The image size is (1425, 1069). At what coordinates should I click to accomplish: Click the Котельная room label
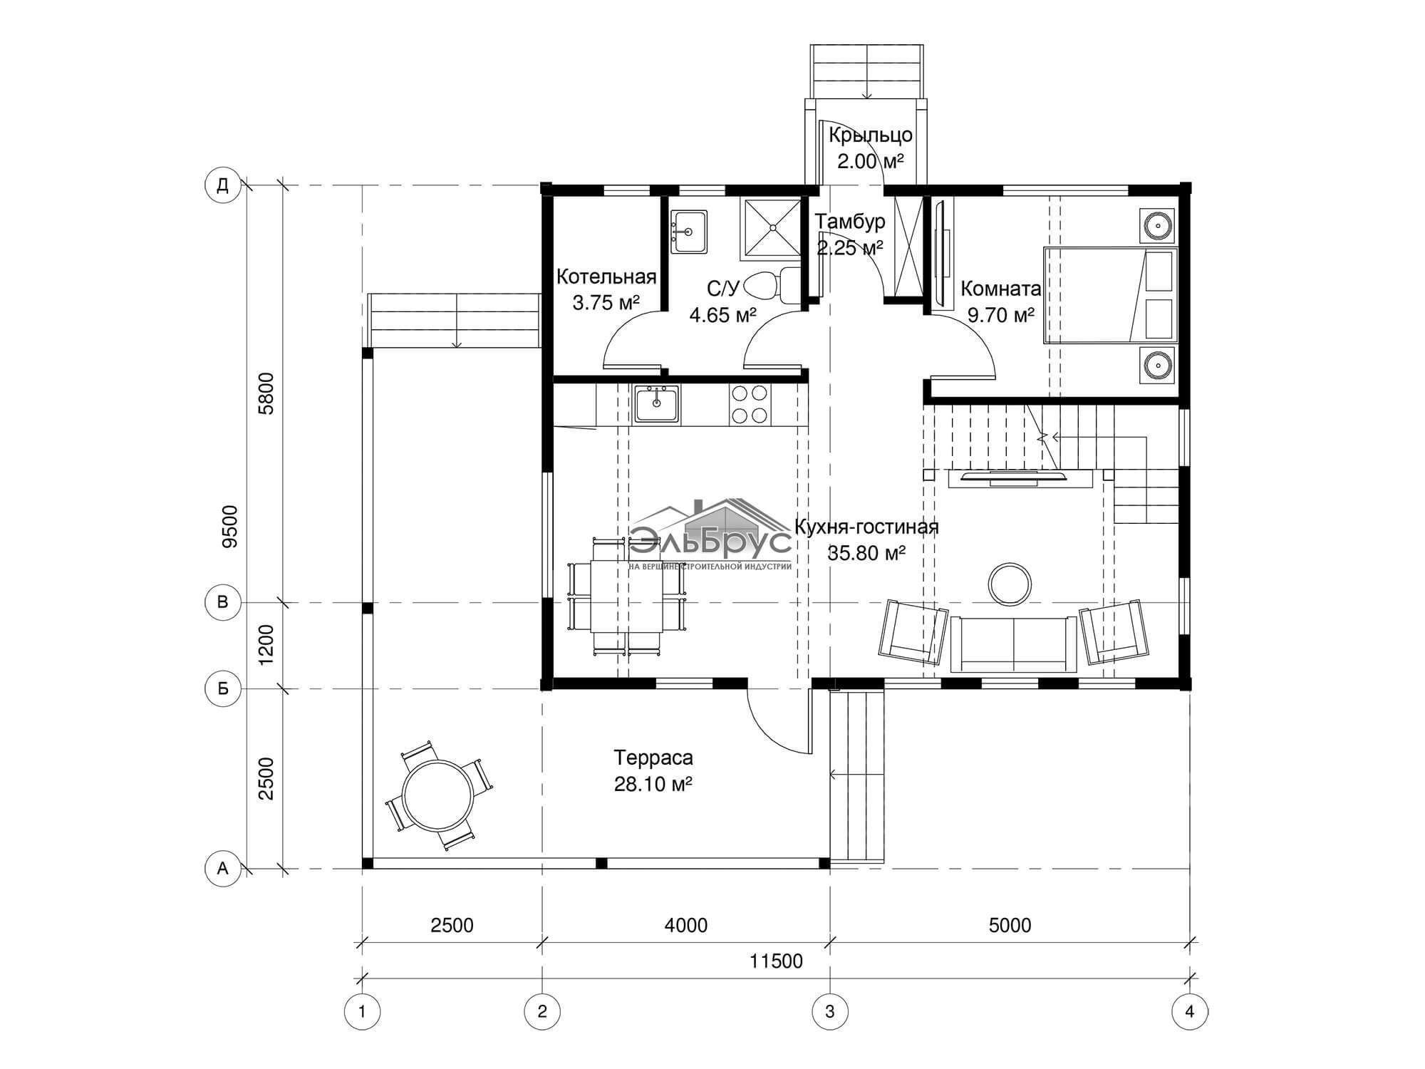(x=606, y=277)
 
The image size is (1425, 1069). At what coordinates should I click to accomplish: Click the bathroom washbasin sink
(x=689, y=232)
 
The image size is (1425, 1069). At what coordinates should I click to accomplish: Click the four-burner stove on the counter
(x=749, y=405)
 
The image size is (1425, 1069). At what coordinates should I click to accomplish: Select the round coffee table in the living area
(x=1010, y=583)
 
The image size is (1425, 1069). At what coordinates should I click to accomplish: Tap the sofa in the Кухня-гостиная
(x=1014, y=644)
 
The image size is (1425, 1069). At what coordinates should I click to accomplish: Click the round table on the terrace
(x=437, y=795)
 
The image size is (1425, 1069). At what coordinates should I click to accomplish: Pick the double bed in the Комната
(x=1110, y=295)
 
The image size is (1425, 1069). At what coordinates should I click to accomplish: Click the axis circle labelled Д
(x=222, y=186)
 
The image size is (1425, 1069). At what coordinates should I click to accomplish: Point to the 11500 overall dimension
(x=776, y=961)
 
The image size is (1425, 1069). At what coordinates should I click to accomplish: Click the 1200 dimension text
(x=266, y=645)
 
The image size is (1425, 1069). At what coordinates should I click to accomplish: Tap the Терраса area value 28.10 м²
(x=653, y=784)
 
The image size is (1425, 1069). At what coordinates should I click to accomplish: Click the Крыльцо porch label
(x=871, y=135)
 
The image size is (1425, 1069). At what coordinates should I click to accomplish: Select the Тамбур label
(x=850, y=222)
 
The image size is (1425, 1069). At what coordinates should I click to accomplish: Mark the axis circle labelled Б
(x=222, y=689)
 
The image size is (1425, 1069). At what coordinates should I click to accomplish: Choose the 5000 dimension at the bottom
(x=1010, y=925)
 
